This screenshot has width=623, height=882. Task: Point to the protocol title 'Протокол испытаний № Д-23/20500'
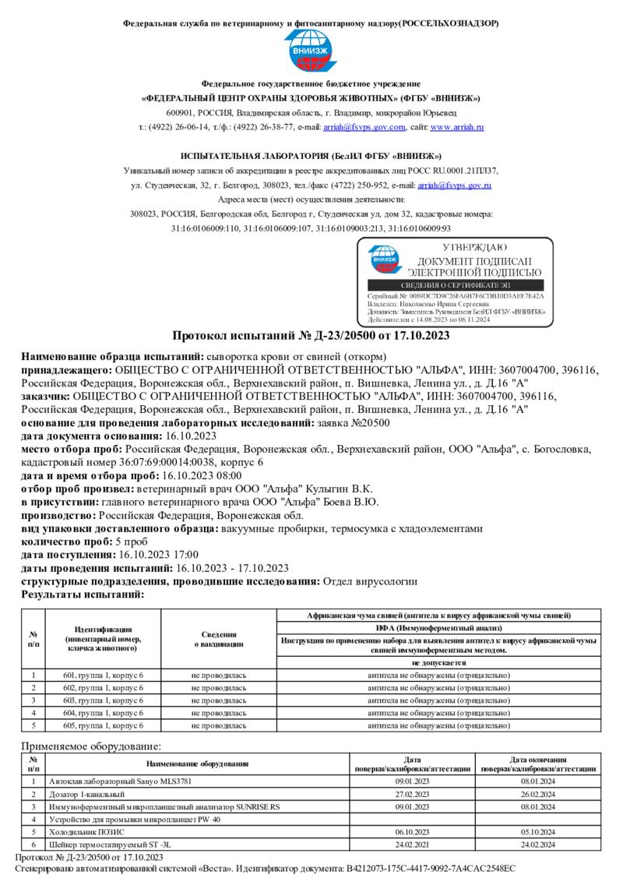pos(311,336)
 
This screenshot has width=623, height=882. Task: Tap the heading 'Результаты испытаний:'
pos(83,594)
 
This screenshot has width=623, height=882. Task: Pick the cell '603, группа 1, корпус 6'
pos(103,700)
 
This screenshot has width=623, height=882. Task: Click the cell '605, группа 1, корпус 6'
pos(103,725)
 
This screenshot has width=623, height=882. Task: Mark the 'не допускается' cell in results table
pos(438,662)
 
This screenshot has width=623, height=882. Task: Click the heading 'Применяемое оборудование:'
pos(90,746)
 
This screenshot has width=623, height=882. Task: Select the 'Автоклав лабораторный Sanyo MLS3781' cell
pos(120,781)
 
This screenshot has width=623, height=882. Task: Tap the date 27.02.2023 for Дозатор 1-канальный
pos(413,794)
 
